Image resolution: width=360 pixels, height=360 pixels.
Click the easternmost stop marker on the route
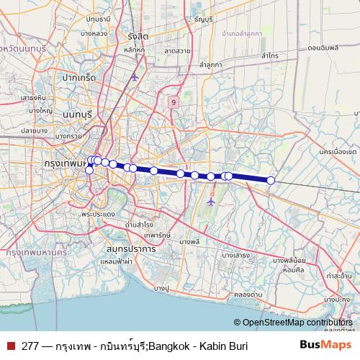(x=271, y=181)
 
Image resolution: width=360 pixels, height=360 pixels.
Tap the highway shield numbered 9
(x=174, y=102)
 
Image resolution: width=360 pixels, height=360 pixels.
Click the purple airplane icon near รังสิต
(x=134, y=76)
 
